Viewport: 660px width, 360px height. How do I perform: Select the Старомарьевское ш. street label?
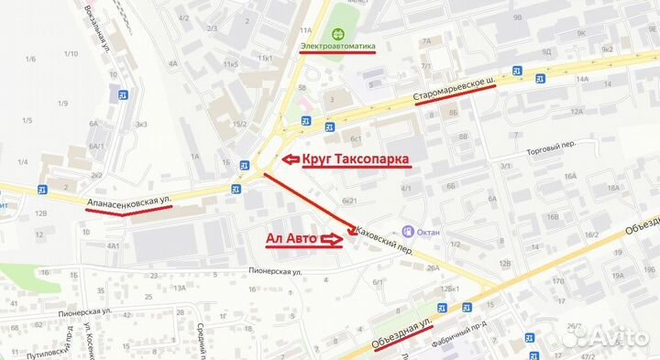457,89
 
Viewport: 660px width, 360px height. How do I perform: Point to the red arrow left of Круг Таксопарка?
290,159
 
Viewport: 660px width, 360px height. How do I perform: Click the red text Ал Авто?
291,239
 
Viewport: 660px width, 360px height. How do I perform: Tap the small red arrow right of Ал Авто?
332,239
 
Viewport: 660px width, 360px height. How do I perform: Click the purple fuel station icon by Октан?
408,232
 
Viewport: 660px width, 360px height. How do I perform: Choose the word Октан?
429,232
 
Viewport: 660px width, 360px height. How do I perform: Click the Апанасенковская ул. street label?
128,200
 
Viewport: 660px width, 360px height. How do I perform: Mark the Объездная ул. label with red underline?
402,333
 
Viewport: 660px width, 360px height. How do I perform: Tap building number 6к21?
347,200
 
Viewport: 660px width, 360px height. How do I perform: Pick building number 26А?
434,267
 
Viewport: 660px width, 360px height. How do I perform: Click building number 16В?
552,217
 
